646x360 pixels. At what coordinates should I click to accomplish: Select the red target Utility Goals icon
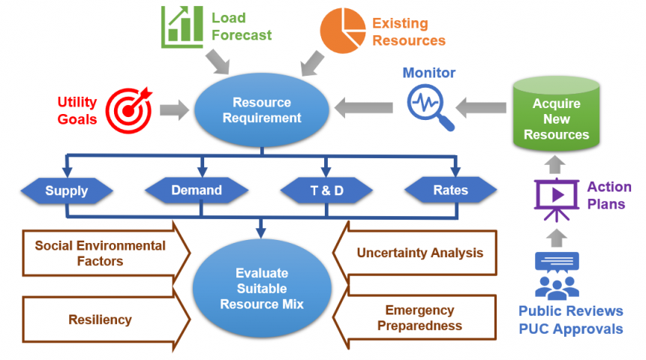129,110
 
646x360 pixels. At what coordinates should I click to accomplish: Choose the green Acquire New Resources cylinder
556,118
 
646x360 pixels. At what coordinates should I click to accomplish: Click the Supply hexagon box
66,190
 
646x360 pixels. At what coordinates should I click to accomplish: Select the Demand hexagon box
196,190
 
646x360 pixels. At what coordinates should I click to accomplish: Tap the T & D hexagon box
326,190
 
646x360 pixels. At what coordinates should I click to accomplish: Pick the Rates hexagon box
450,190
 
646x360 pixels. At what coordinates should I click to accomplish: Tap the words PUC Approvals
570,328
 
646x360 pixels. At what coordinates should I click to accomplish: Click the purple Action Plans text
608,195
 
